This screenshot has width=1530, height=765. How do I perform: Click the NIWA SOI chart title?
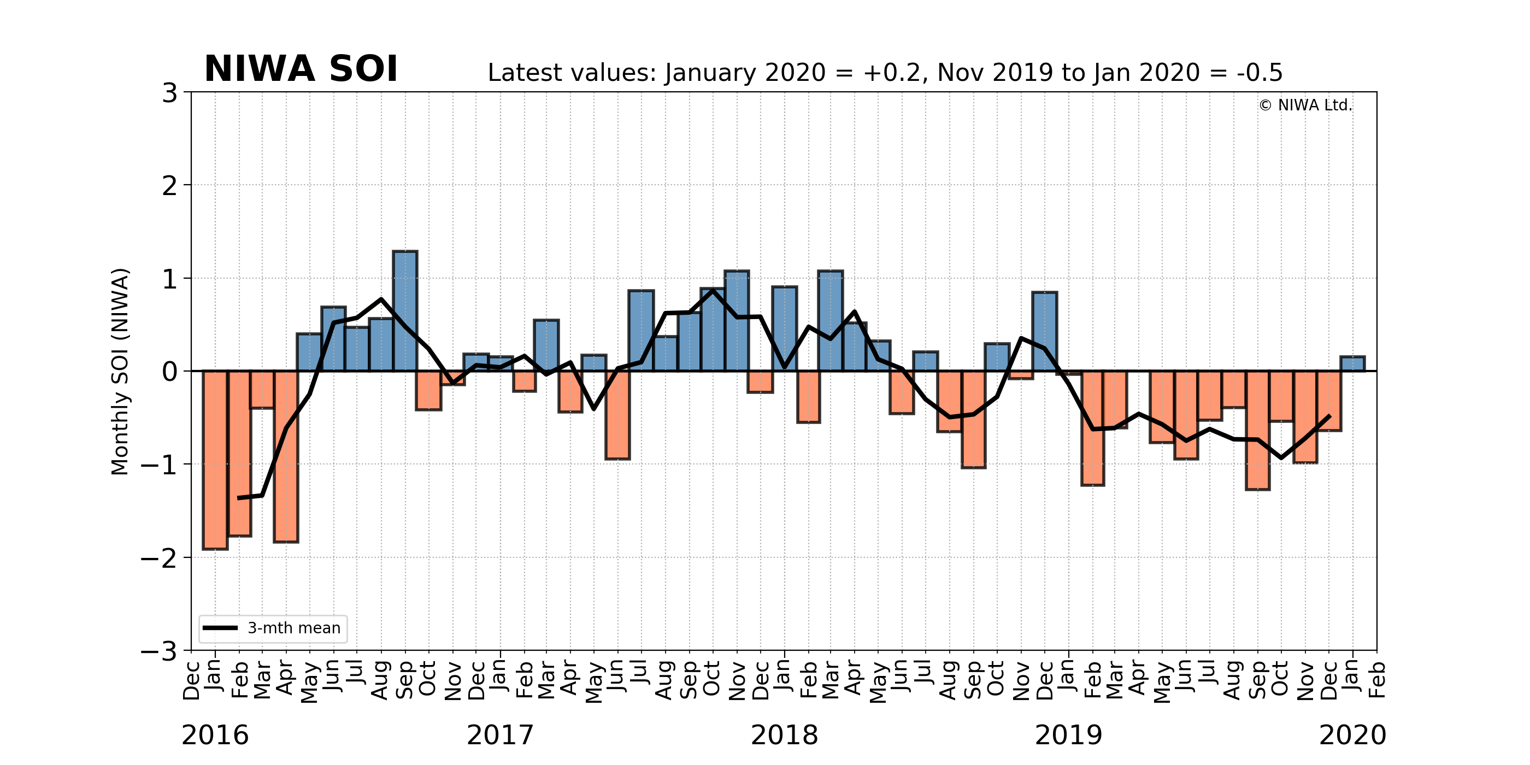301,69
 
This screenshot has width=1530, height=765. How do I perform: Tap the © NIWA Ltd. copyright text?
1305,105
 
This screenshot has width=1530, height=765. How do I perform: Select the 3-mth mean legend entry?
273,628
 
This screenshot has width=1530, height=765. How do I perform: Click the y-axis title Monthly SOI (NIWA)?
120,371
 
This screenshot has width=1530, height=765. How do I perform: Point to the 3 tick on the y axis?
170,93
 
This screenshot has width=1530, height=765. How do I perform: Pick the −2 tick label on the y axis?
159,558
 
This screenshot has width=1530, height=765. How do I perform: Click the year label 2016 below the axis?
215,735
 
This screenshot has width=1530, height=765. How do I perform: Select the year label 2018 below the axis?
784,735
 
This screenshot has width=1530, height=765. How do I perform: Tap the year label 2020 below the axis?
1352,735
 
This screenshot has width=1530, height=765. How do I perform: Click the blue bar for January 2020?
1352,363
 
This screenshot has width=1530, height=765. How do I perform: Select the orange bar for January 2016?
215,460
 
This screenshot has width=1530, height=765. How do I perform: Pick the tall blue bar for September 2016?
405,310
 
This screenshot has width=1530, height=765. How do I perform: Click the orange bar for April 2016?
286,456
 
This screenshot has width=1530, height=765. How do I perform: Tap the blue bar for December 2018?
1045,332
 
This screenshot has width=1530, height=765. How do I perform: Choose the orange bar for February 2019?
1092,428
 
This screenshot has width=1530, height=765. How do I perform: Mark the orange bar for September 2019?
1258,430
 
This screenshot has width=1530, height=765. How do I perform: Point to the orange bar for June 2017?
617,415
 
